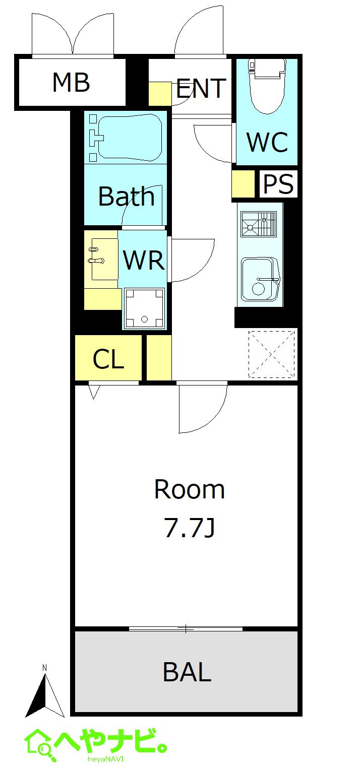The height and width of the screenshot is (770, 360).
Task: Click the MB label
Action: [x=71, y=82]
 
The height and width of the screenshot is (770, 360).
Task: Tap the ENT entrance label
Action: [x=201, y=89]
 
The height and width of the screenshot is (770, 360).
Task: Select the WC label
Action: [x=267, y=142]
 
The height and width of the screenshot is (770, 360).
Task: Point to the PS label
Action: [x=278, y=184]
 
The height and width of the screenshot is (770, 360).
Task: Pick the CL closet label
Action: [x=108, y=359]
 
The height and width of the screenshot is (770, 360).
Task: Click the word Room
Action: [x=189, y=489]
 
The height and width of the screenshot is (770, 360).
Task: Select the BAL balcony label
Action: [x=187, y=672]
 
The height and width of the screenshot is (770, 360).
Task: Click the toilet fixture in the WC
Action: [x=267, y=86]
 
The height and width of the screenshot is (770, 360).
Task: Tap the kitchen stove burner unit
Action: [x=259, y=224]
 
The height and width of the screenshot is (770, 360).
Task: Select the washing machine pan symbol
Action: [x=144, y=308]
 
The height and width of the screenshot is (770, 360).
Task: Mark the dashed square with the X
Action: [x=271, y=354]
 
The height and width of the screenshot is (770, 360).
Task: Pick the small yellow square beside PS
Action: [x=243, y=184]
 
